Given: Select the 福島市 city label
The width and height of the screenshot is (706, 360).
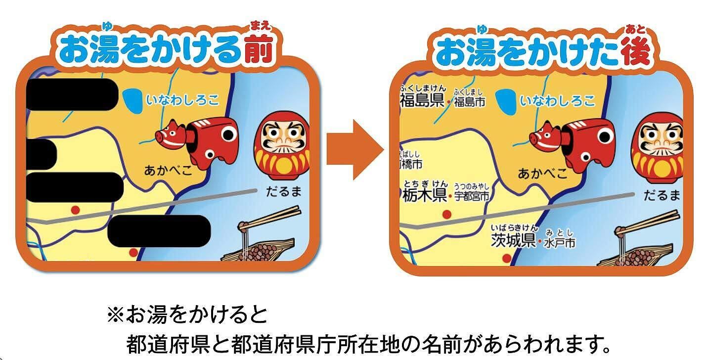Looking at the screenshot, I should (469, 102).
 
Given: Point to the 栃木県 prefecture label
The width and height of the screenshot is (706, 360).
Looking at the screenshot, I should (425, 196).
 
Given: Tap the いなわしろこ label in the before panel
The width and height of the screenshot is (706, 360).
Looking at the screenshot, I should (182, 100).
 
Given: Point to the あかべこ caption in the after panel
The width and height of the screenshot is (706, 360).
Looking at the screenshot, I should (542, 174).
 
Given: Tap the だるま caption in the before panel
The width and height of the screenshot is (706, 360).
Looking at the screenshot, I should (283, 191).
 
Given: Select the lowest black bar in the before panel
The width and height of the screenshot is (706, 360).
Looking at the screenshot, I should (159, 231).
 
